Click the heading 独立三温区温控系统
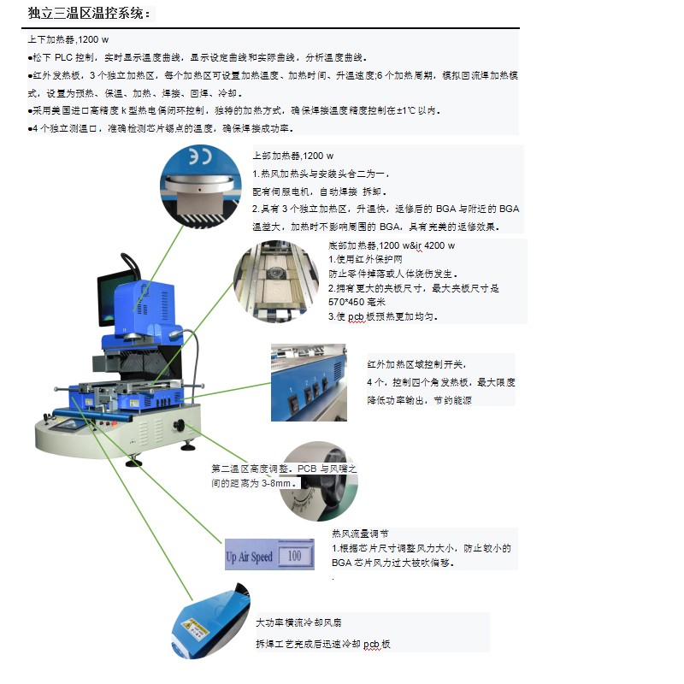(x=86, y=14)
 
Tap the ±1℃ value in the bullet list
(x=405, y=111)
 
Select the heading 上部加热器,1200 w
(x=292, y=156)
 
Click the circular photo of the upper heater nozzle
(x=200, y=186)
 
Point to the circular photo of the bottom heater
(x=276, y=282)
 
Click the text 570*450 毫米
(x=357, y=302)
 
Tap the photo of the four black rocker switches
(x=309, y=382)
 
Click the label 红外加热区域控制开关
(x=416, y=365)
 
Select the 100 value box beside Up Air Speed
(x=295, y=555)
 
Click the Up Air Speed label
(x=249, y=557)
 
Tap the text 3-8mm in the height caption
(x=276, y=483)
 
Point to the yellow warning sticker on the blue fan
(x=195, y=628)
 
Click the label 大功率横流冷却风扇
(x=298, y=623)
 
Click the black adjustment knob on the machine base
(x=179, y=424)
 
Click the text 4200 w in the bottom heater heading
(x=439, y=245)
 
